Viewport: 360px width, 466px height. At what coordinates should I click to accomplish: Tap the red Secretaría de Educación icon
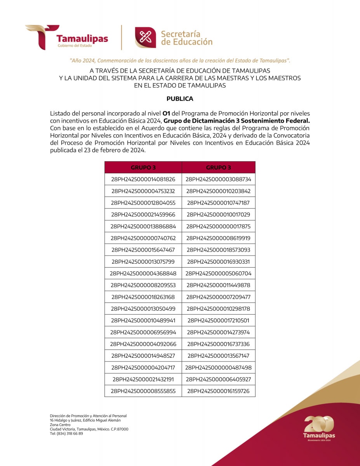145,37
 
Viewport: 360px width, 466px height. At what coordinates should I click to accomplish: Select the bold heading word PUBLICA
180,99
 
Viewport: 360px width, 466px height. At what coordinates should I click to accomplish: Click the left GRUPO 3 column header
143,167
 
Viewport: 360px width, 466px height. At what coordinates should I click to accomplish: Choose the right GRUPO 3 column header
218,167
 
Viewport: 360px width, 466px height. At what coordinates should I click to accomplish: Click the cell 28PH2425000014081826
143,179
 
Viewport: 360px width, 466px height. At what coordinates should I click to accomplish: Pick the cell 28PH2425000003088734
218,179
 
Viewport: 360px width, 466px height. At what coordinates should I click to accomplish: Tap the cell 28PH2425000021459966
143,215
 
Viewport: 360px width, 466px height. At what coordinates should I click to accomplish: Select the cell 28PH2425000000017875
218,226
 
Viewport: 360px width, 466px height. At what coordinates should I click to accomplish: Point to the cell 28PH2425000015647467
143,250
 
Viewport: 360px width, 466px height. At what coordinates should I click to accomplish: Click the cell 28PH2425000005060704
218,273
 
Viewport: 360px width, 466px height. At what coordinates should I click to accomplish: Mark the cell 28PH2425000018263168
143,297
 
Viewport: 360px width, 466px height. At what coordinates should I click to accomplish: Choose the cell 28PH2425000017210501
218,320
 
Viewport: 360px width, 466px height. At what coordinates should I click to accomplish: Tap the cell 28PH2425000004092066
143,344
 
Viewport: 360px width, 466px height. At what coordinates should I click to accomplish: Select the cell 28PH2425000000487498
218,367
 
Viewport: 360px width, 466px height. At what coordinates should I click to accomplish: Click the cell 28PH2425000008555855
143,391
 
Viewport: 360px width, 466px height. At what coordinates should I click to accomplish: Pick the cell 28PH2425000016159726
218,391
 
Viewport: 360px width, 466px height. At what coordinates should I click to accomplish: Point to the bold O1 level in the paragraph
166,113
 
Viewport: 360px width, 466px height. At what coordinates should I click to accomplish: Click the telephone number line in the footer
66,433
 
